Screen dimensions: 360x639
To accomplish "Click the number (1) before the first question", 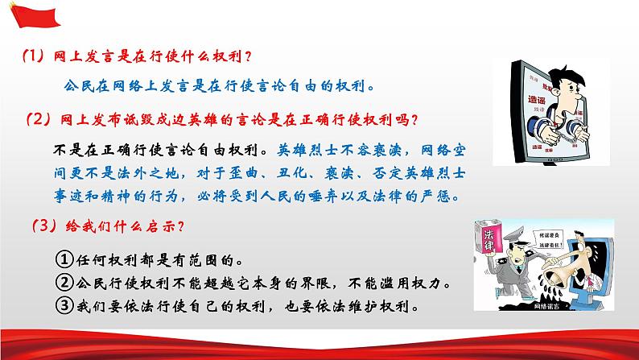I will [x=33, y=58].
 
